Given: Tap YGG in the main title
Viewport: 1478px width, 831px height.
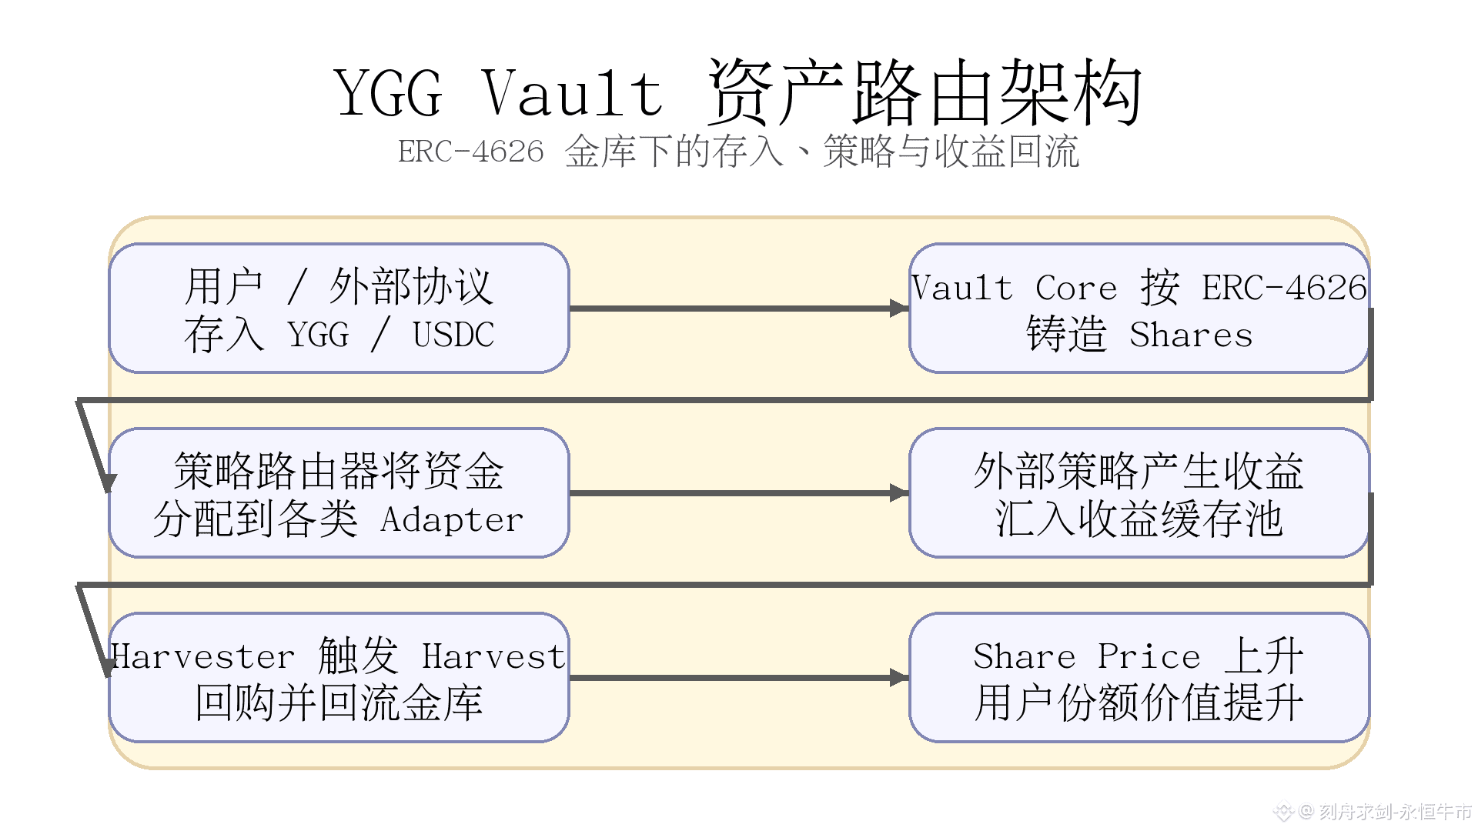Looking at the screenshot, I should (389, 93).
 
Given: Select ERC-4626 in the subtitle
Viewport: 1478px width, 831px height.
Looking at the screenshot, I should (470, 152).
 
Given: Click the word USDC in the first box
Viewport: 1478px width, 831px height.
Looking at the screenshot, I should (453, 335).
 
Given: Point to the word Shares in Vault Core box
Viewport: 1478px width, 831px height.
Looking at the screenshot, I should (1191, 335).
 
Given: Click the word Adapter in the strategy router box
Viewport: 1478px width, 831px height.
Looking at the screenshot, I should (452, 520).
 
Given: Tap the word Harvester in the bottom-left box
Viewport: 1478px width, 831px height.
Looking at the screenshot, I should (202, 657).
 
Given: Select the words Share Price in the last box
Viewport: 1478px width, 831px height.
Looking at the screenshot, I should (1086, 657).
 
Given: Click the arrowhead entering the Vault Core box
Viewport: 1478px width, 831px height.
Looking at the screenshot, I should (899, 309).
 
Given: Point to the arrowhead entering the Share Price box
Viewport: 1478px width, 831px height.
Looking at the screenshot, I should (899, 678).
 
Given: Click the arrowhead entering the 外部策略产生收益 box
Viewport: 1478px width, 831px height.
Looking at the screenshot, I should (899, 493).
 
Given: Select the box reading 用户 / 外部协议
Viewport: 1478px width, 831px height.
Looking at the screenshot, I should (339, 309).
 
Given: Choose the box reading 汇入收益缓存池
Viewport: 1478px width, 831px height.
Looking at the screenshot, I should (1139, 493).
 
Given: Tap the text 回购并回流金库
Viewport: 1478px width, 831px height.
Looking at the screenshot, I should (339, 703).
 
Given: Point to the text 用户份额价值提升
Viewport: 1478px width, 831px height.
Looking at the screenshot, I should (1139, 703).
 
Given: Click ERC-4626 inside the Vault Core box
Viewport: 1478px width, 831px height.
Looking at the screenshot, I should (1284, 289).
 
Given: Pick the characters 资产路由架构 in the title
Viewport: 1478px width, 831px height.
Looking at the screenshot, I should (924, 93).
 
